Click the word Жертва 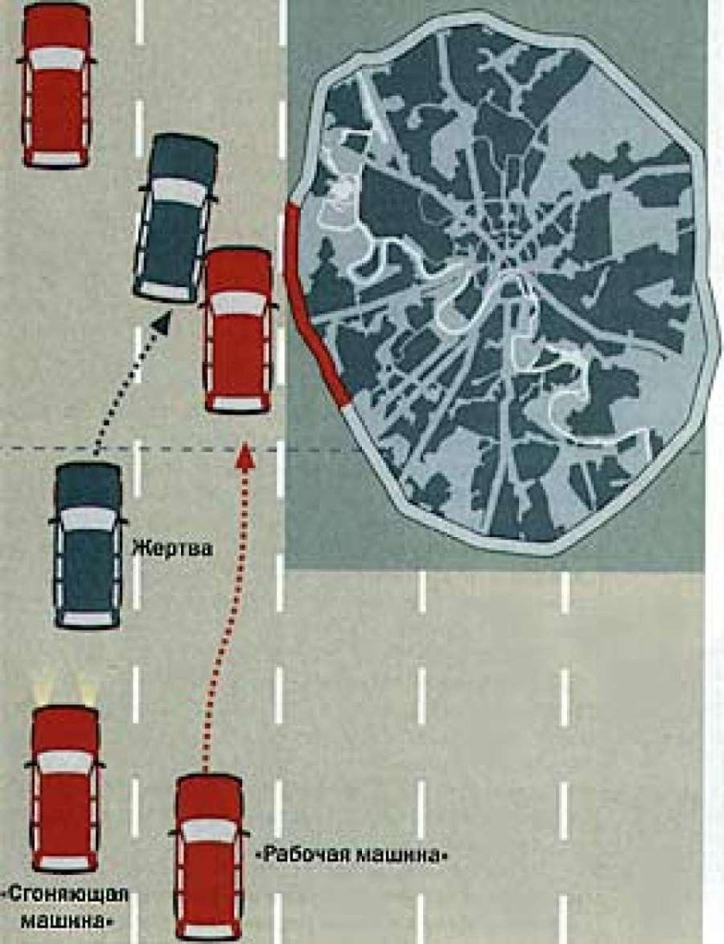click(172, 549)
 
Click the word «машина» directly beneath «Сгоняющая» click(67, 921)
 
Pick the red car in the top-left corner click(57, 84)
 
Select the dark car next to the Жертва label click(88, 546)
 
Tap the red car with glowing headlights click(65, 789)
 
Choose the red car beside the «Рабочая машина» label click(209, 858)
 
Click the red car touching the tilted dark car click(239, 330)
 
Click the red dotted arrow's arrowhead click(244, 455)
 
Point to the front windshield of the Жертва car click(89, 518)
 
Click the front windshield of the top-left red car click(57, 59)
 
